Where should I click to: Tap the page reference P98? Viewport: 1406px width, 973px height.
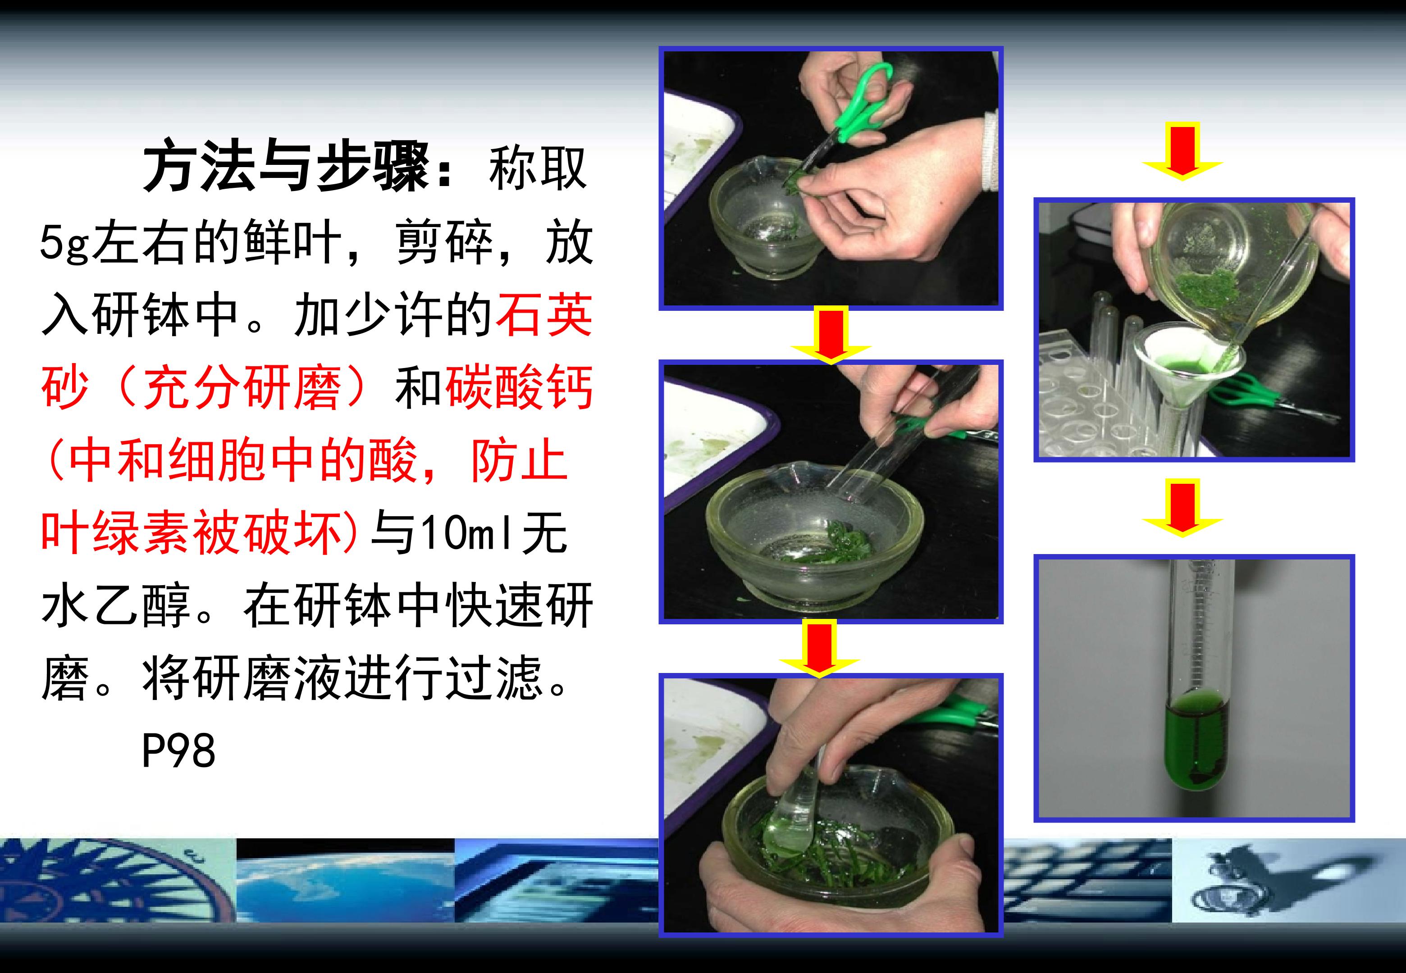[178, 750]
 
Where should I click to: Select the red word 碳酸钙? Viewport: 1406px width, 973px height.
[519, 388]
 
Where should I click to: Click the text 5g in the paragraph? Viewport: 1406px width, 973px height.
[64, 243]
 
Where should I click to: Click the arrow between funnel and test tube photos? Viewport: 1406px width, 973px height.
[1182, 507]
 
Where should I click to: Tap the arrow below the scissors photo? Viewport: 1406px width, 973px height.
[831, 335]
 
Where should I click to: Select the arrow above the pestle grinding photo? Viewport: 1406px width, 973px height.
[819, 649]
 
